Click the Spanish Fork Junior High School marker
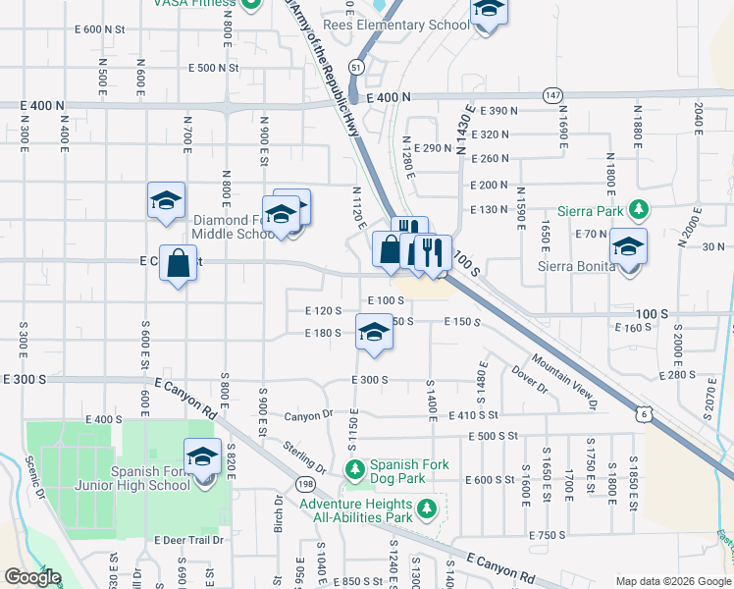coord(204,459)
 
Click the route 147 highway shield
coord(553,95)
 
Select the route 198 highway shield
coord(305,484)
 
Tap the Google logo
coord(32,577)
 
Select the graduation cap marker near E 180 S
coord(373,334)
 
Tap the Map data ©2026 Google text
coord(672,581)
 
